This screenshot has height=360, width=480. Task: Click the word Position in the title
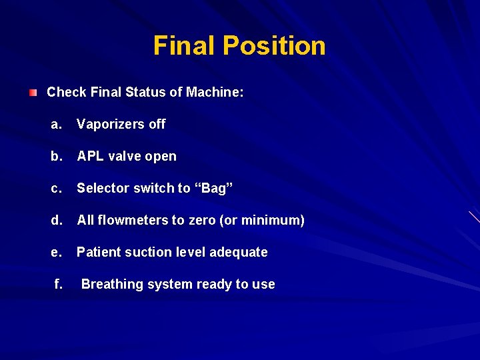click(274, 45)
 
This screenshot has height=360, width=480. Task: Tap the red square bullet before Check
click(33, 92)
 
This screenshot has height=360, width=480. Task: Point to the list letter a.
click(56, 124)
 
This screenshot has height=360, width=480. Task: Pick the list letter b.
click(56, 156)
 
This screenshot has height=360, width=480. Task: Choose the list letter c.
click(56, 188)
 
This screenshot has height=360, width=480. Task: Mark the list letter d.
click(56, 220)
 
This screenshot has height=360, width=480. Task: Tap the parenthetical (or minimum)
click(261, 220)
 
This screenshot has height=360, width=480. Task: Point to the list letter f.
click(59, 284)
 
